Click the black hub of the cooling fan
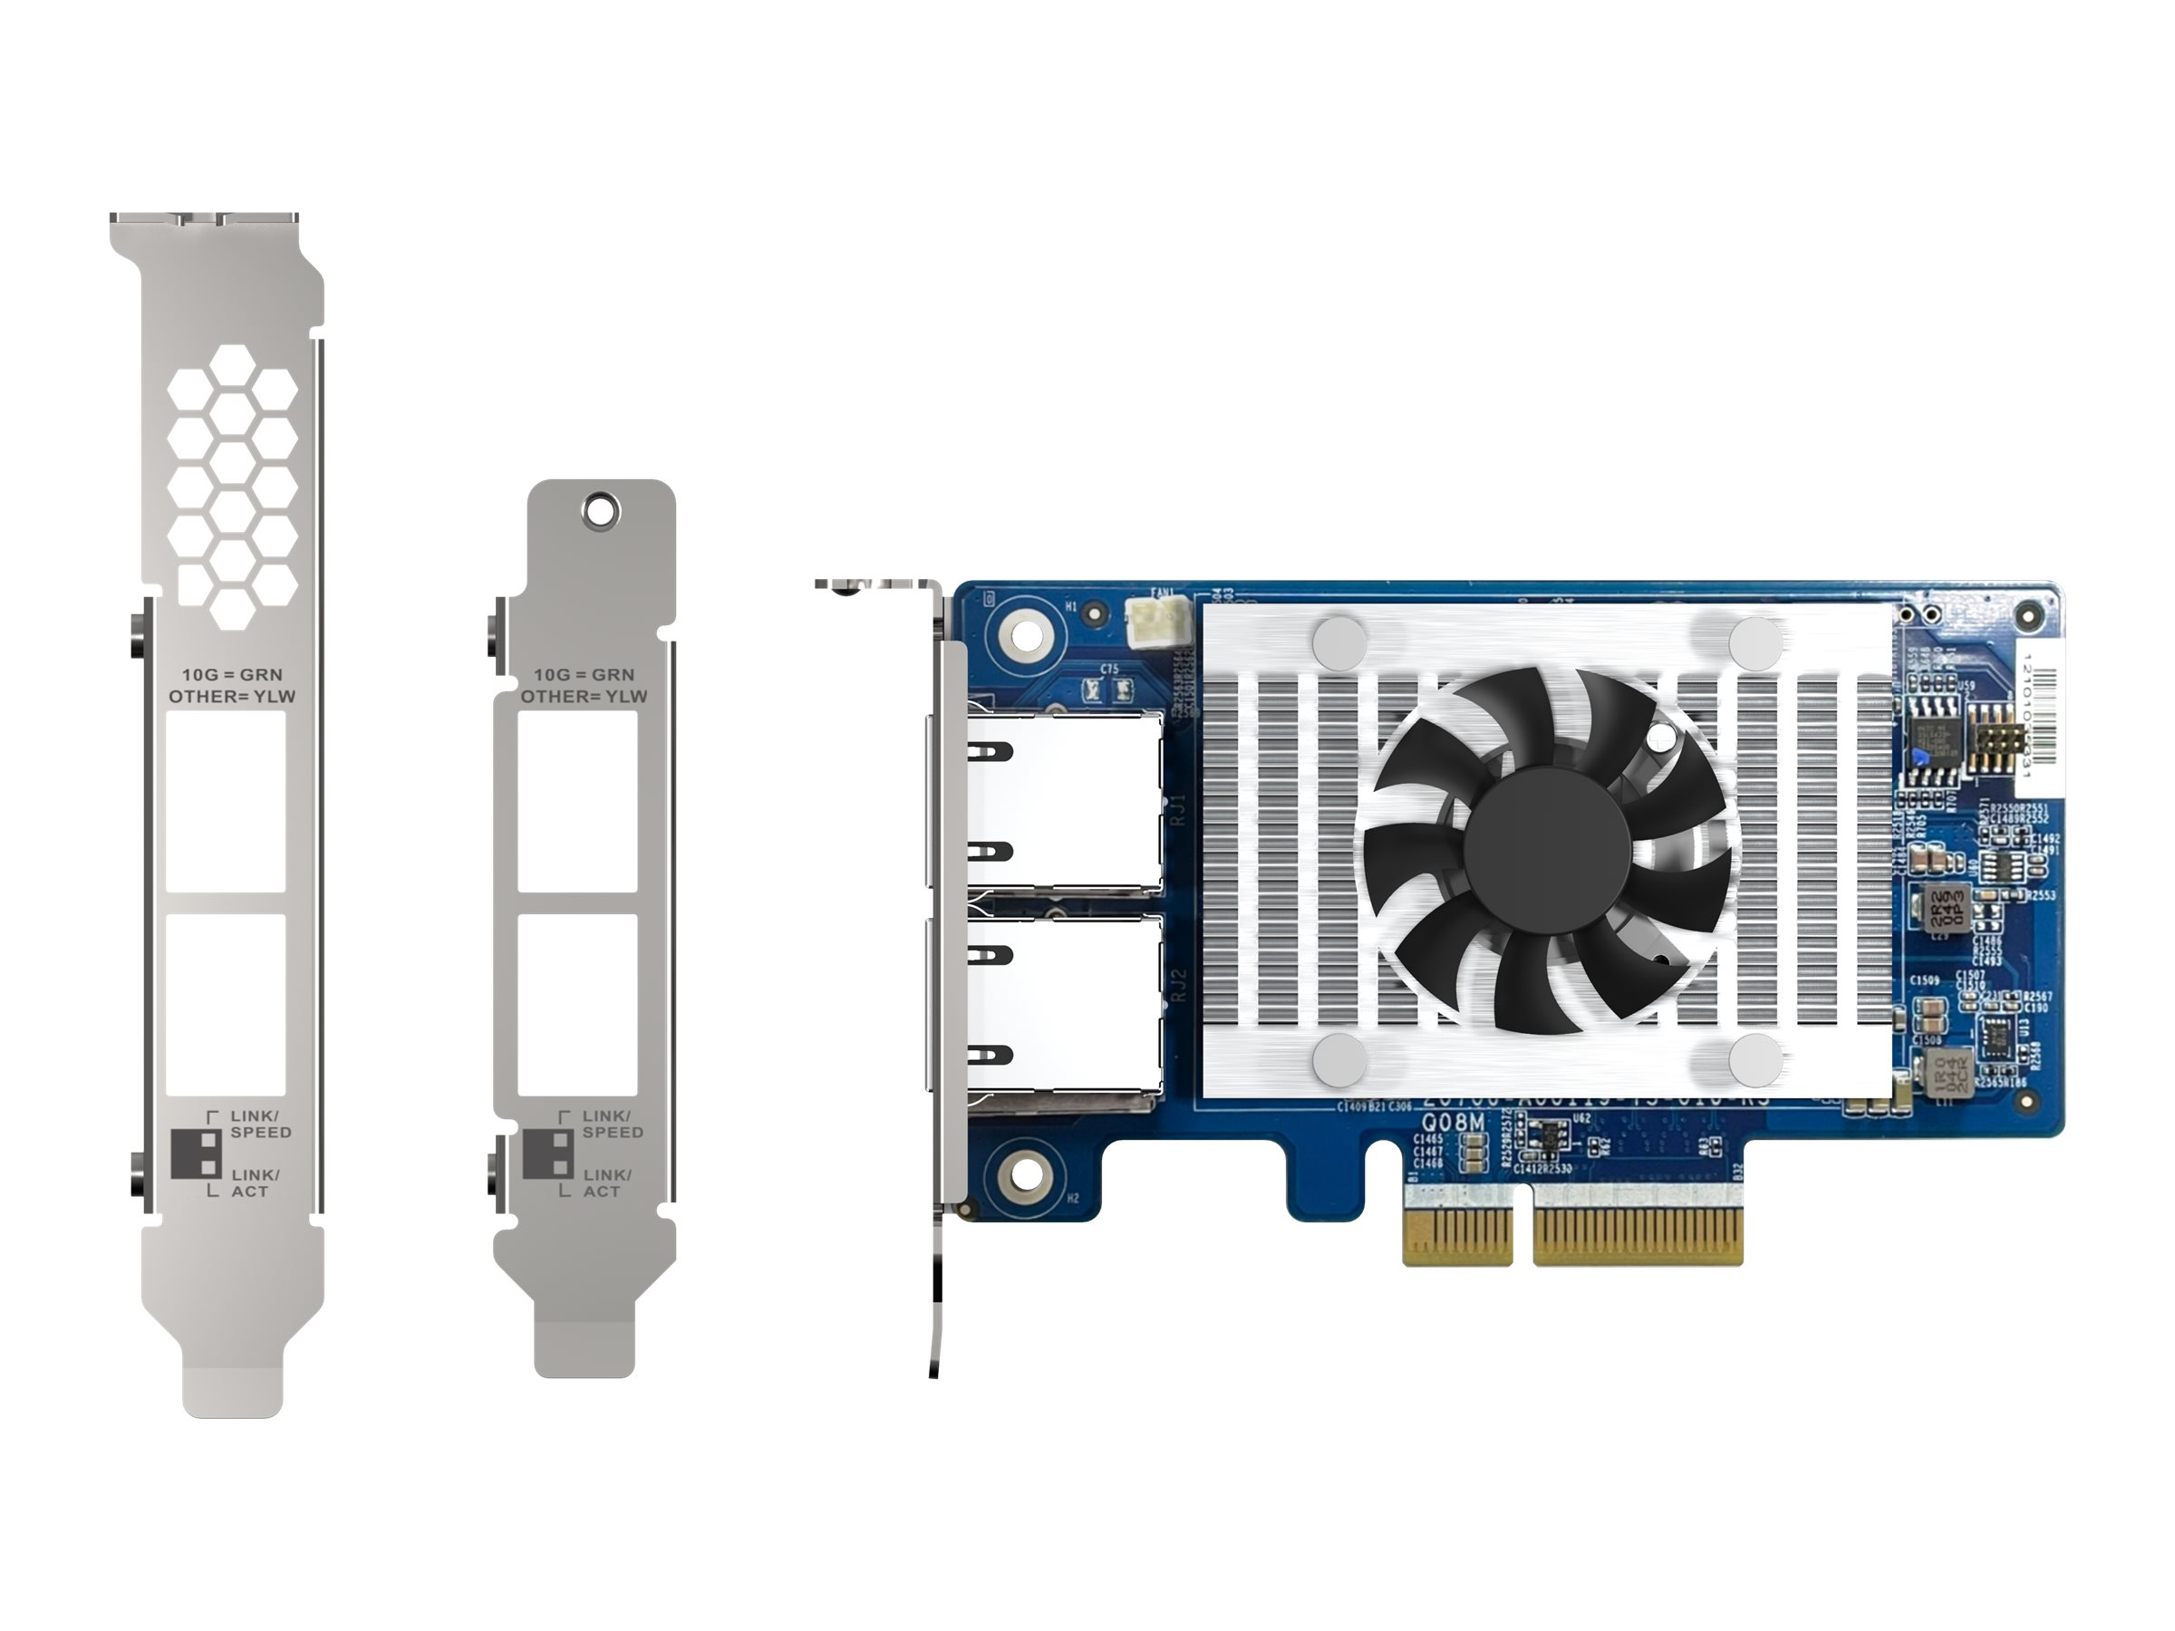(1546, 851)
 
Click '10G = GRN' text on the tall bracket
(232, 674)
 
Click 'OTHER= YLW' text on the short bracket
(584, 697)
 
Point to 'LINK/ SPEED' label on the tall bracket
(261, 1124)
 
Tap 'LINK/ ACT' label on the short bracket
(606, 1182)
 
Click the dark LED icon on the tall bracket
(194, 1154)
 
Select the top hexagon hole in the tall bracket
(232, 367)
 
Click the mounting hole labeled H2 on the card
(1023, 1171)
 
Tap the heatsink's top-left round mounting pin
(1339, 637)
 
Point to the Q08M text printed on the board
(1454, 1123)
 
